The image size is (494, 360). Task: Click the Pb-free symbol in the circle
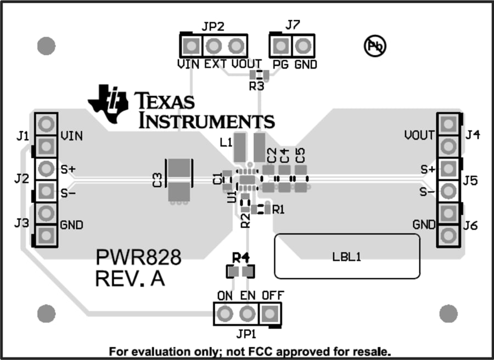click(x=376, y=47)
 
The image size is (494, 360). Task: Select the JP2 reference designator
click(x=213, y=26)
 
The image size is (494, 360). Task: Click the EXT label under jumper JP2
click(x=215, y=64)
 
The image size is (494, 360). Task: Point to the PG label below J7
click(x=279, y=64)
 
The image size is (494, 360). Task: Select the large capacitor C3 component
click(x=179, y=179)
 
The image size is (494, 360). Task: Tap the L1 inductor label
click(x=225, y=142)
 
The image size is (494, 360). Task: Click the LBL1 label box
click(x=347, y=256)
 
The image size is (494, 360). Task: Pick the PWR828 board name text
click(x=138, y=257)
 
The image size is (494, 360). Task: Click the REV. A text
click(x=130, y=278)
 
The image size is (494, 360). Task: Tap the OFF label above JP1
click(x=272, y=296)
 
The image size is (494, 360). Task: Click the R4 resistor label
click(x=240, y=257)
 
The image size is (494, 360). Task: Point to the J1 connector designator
click(x=22, y=136)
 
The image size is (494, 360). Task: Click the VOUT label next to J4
click(x=420, y=135)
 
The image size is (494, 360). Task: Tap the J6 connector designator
click(x=471, y=224)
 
